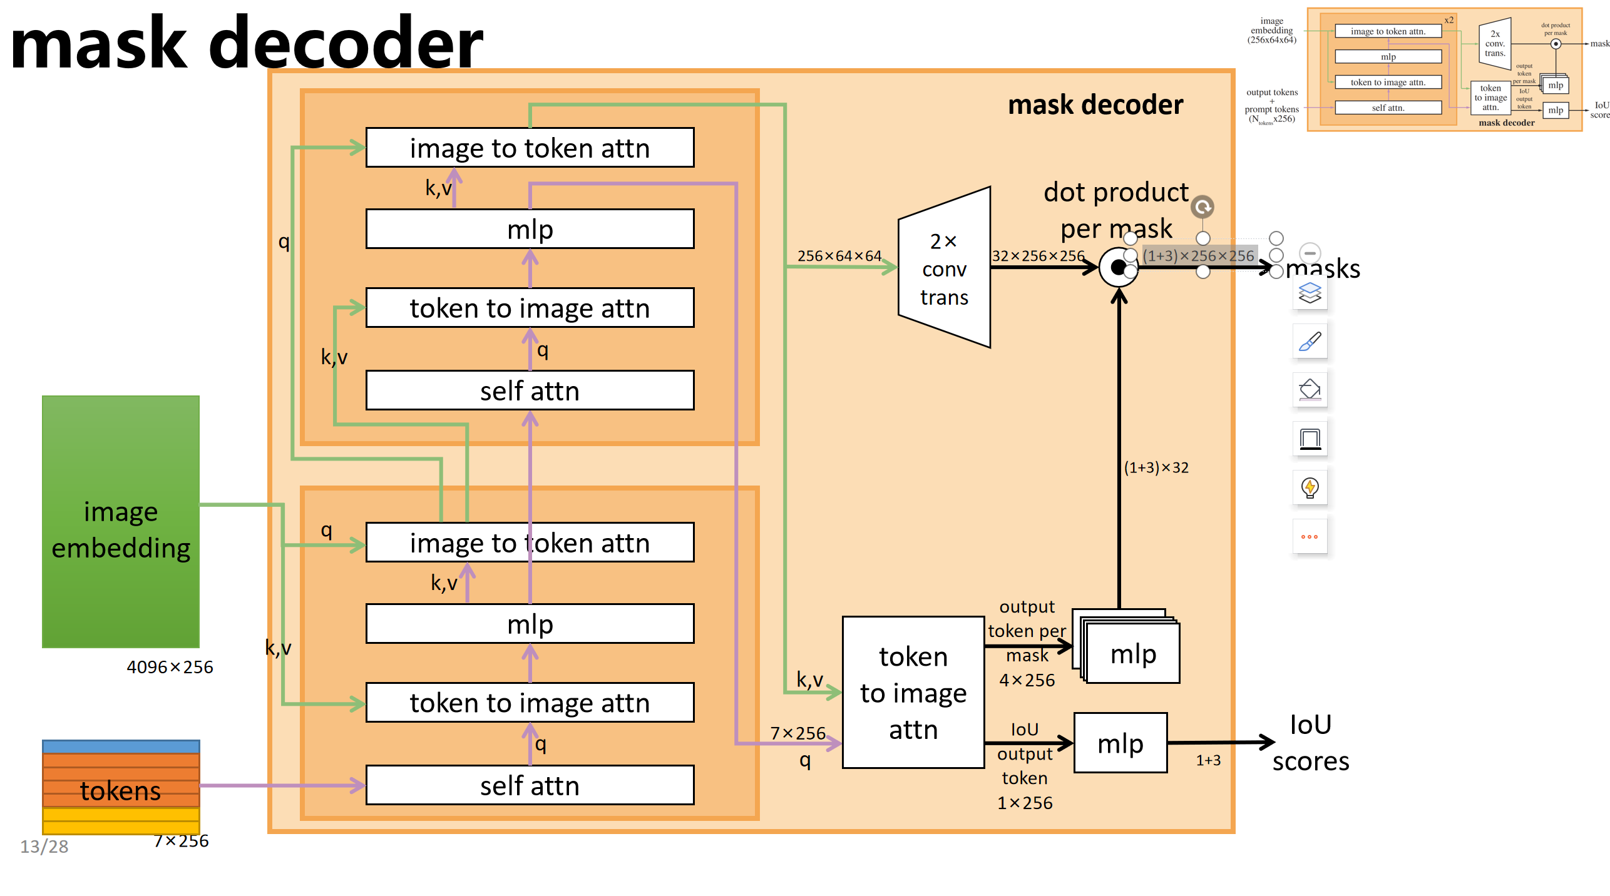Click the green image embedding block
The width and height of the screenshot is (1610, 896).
click(x=120, y=521)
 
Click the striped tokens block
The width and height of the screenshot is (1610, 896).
click(x=120, y=787)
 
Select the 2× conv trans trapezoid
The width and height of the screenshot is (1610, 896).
click(x=944, y=268)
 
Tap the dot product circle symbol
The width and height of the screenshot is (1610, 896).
click(x=1118, y=268)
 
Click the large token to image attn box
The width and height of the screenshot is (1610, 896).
click(x=913, y=692)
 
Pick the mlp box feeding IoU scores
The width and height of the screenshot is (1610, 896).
click(x=1120, y=743)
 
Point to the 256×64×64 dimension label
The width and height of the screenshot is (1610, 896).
click(x=839, y=256)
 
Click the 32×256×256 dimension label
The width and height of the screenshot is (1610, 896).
click(x=1038, y=256)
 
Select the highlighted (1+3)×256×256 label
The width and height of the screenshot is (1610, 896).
click(x=1198, y=256)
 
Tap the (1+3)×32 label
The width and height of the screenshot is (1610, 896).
click(x=1156, y=467)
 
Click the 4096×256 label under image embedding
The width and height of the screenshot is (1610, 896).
click(x=170, y=667)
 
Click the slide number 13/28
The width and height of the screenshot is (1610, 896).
click(x=44, y=847)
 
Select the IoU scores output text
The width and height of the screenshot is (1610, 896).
click(x=1310, y=743)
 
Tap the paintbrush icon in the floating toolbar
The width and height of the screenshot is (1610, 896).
click(x=1310, y=342)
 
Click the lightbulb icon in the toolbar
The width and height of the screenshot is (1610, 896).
click(x=1310, y=487)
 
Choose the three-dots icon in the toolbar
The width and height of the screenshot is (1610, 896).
click(x=1310, y=536)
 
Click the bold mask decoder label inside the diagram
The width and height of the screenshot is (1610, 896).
click(x=1095, y=104)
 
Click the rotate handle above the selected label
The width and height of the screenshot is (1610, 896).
click(x=1202, y=207)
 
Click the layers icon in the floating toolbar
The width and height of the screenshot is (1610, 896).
click(x=1310, y=293)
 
